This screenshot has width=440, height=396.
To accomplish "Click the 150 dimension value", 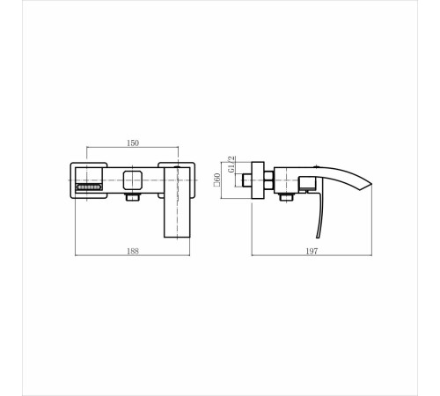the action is [133, 143].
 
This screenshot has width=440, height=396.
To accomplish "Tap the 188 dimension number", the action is [133, 251].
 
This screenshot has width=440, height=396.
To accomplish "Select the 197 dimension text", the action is [312, 251].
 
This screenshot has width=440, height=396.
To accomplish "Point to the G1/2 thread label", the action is [231, 165].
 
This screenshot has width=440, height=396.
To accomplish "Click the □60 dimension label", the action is [217, 180].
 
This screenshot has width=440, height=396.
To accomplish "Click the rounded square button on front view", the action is [133, 180].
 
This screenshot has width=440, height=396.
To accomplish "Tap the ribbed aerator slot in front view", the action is [89, 187].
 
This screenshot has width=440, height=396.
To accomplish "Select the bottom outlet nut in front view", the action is [132, 197].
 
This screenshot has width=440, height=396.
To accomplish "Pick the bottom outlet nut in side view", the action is [286, 197].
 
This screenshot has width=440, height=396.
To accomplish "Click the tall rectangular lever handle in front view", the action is [177, 202].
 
